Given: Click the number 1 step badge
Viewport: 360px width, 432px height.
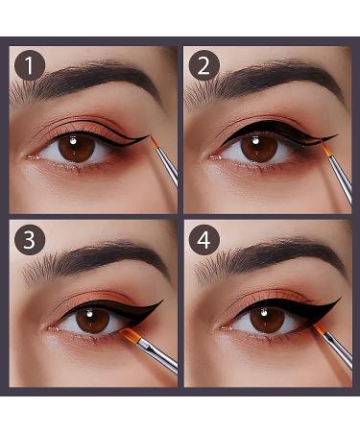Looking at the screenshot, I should click(x=31, y=65).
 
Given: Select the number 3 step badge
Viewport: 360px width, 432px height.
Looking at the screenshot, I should click(x=31, y=239).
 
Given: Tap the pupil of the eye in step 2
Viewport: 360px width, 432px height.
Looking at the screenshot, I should click(x=258, y=147).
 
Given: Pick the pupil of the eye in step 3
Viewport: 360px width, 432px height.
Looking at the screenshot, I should click(x=92, y=322).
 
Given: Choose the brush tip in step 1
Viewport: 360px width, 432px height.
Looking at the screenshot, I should click(x=154, y=142).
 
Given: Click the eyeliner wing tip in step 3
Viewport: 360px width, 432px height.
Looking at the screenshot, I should click(x=162, y=303).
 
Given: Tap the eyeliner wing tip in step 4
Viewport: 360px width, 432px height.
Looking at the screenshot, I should click(x=339, y=300).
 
